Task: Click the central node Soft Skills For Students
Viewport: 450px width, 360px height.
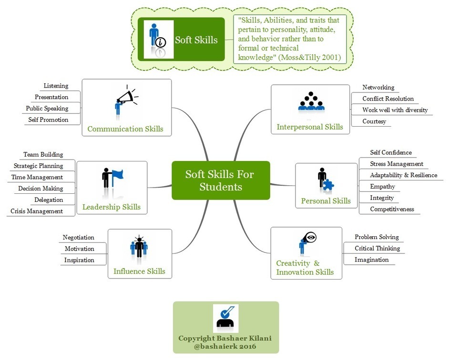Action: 221,180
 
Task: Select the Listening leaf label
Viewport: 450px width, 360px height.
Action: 56,86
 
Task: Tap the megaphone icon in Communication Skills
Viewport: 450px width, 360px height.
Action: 125,97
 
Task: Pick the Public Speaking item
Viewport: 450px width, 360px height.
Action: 47,109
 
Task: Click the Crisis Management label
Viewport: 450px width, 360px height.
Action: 37,211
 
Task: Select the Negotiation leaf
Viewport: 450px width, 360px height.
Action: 78,237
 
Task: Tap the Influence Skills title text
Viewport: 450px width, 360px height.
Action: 139,271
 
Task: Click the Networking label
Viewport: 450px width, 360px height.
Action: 378,87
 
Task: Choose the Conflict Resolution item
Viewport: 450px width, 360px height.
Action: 388,99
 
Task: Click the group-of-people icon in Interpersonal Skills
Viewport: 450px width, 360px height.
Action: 311,102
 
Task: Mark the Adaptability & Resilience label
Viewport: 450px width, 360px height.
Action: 403,175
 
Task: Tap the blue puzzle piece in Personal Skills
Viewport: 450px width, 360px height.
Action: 328,185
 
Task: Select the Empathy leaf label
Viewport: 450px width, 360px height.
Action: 382,186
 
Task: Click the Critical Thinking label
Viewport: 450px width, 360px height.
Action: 377,248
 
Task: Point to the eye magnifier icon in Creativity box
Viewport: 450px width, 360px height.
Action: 310,237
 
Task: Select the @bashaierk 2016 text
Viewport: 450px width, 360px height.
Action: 225,346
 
